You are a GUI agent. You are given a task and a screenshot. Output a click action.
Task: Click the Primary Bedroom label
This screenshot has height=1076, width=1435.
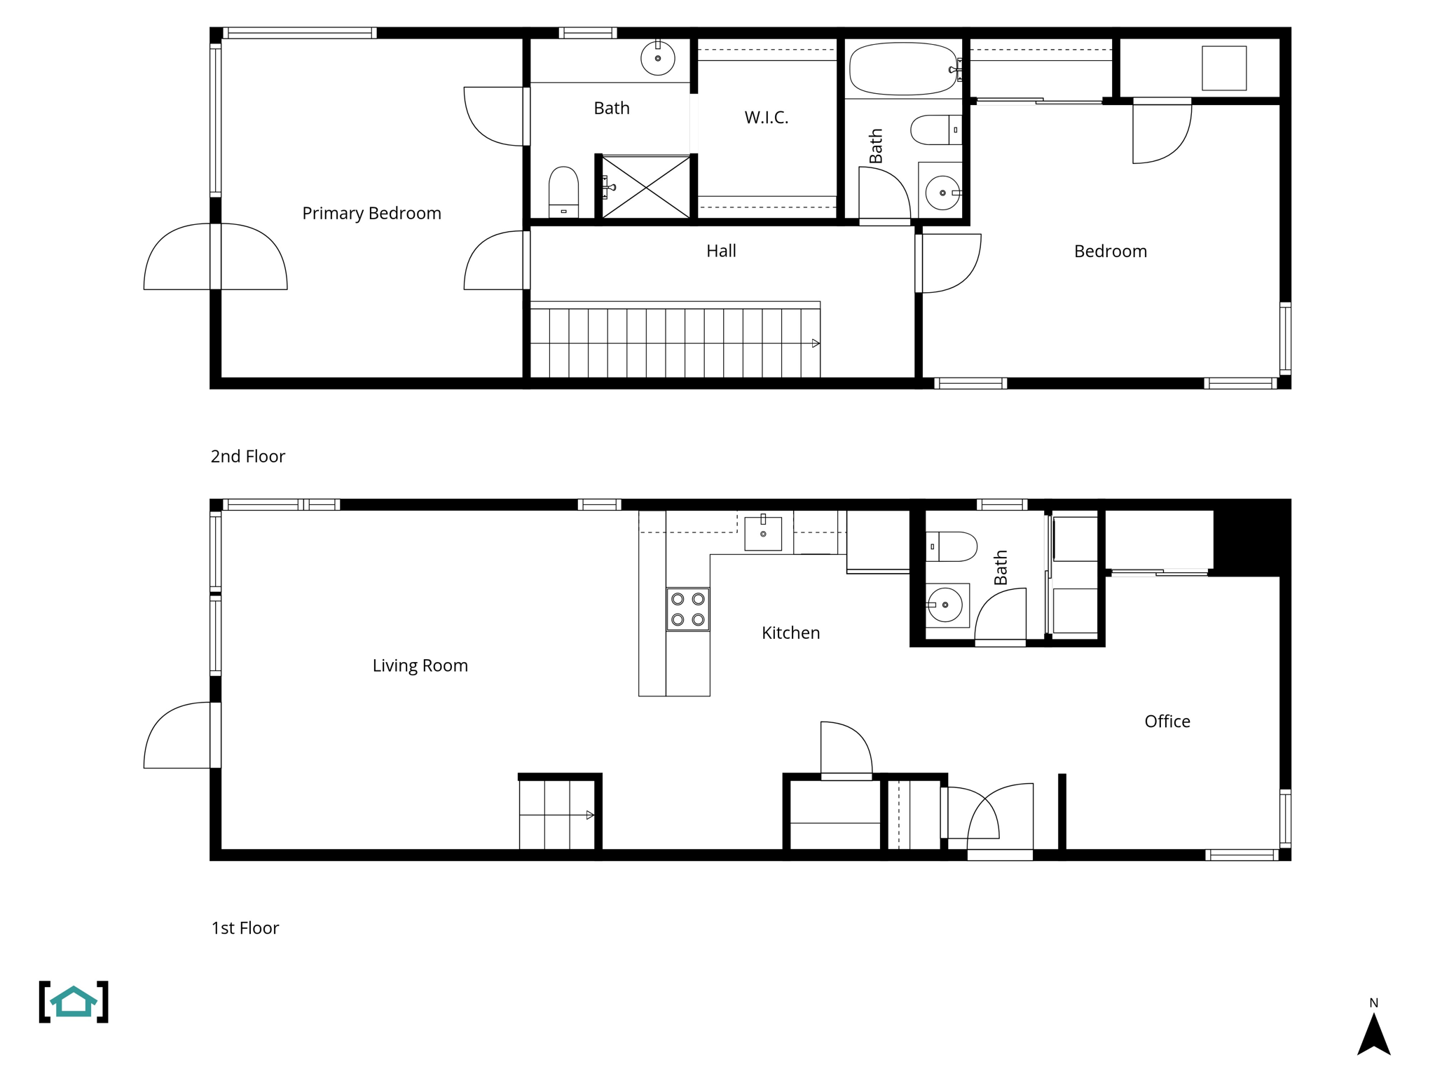[371, 213]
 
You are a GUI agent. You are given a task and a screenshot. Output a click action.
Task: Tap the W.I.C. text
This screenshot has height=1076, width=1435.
[766, 118]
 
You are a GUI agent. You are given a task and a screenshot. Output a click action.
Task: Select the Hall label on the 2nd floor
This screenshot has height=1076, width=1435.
[721, 251]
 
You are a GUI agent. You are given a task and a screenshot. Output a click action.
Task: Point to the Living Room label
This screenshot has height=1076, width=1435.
[420, 665]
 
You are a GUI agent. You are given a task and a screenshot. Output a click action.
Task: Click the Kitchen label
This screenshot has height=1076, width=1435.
[790, 633]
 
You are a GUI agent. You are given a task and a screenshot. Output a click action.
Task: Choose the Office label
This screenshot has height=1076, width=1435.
[1167, 721]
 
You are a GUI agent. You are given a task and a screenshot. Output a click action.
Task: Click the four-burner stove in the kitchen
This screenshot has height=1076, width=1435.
[687, 609]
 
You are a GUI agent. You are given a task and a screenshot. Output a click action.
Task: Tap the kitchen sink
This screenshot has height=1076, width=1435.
[763, 533]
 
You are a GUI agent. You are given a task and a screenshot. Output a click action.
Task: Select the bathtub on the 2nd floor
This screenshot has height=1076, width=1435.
[902, 69]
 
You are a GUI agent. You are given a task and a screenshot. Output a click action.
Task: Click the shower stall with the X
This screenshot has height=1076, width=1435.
[646, 187]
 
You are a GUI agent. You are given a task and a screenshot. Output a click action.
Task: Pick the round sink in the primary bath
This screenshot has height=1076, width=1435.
[657, 58]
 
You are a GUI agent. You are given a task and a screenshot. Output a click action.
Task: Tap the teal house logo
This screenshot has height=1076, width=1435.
[74, 1002]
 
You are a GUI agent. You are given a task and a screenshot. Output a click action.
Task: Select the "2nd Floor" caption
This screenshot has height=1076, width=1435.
[247, 456]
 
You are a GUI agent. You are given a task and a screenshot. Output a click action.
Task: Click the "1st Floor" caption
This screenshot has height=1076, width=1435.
[245, 927]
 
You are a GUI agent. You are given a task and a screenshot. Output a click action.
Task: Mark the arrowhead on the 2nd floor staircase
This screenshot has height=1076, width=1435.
[816, 343]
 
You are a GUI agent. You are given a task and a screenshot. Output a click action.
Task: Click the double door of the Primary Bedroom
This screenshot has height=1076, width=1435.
[215, 256]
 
